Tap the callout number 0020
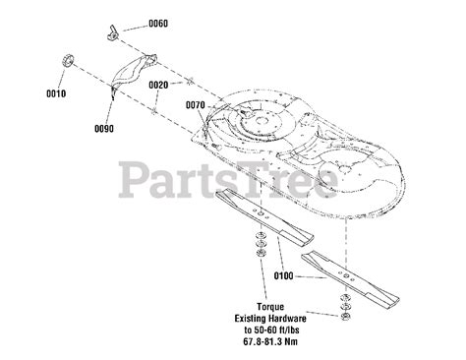[160, 85]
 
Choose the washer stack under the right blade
[344, 307]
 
